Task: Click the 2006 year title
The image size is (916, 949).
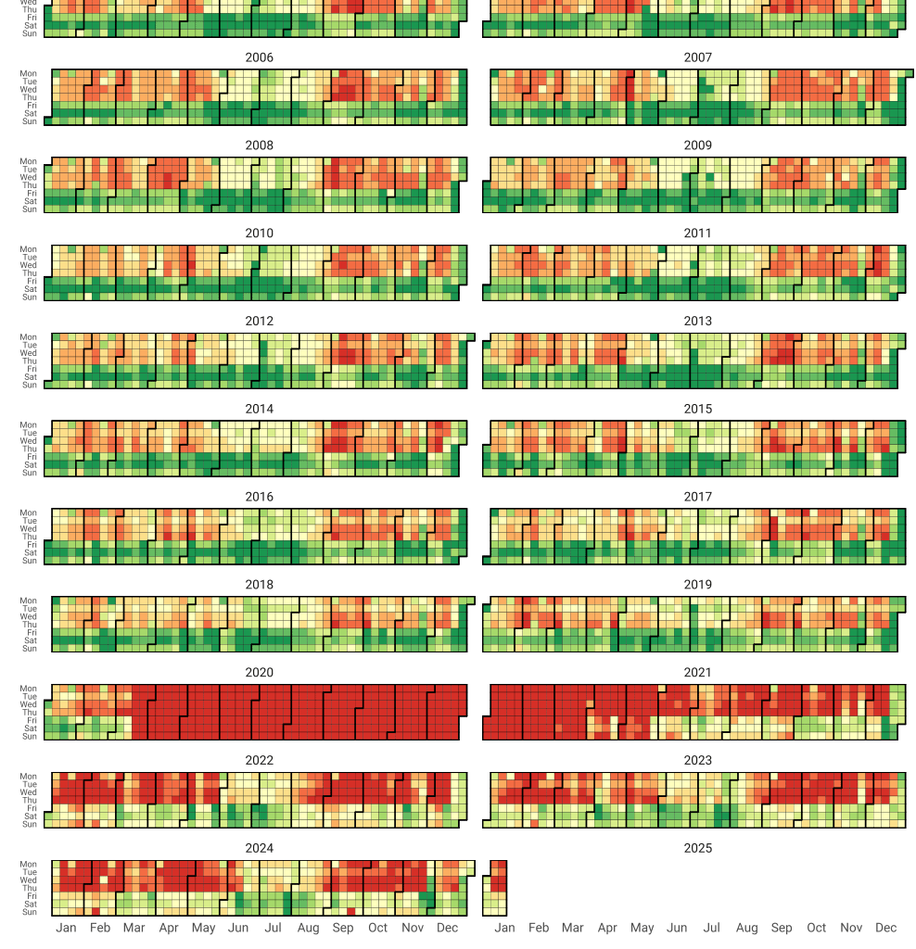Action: click(x=259, y=57)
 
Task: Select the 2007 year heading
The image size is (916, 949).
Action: click(x=697, y=57)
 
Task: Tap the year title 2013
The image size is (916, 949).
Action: click(x=697, y=321)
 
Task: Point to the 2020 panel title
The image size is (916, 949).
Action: click(x=259, y=672)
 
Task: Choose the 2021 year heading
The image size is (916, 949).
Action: click(x=697, y=672)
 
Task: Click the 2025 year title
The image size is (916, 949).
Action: click(x=697, y=848)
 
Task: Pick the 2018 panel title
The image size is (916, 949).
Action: click(x=259, y=584)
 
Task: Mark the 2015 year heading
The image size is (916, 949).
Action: click(x=697, y=409)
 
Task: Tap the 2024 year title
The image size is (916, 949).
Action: click(x=259, y=848)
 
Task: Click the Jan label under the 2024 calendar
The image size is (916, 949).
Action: click(x=66, y=928)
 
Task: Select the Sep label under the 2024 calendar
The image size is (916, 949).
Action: click(x=343, y=928)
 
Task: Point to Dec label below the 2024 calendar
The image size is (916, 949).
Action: click(x=447, y=928)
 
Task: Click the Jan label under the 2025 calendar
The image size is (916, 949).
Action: click(x=504, y=928)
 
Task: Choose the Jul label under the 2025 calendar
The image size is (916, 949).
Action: click(x=711, y=928)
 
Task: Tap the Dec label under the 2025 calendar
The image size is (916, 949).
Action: click(x=885, y=928)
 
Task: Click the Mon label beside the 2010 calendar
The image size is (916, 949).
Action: click(x=29, y=249)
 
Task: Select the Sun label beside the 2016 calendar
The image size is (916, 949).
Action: click(x=29, y=561)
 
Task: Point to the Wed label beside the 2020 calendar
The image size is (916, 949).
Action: click(x=29, y=704)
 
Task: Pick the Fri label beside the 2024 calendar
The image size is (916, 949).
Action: click(x=32, y=896)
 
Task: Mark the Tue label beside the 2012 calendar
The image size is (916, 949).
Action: click(x=29, y=345)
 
